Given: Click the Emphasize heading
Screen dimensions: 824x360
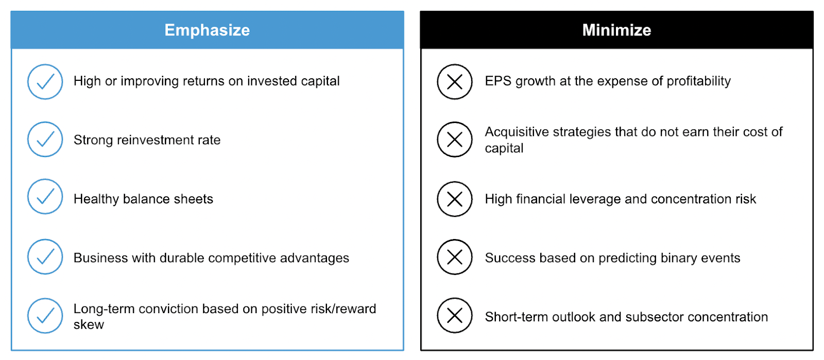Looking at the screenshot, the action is point(207,30).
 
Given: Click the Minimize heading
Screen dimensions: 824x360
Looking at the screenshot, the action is point(616,30).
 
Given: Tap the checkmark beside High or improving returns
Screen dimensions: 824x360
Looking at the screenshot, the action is point(45,82).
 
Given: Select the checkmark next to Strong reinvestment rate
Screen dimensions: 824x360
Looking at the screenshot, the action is point(45,140).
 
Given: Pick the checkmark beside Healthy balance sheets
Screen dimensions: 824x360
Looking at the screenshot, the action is point(45,196).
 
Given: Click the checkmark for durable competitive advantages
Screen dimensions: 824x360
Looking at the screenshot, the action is point(45,256).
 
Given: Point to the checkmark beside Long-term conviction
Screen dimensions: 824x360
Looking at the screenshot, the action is point(45,316).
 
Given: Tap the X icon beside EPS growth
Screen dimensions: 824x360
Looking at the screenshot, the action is point(455,82).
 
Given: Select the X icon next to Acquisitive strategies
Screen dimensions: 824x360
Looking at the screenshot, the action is point(455,140).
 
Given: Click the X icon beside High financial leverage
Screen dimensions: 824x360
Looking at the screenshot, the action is point(455,199).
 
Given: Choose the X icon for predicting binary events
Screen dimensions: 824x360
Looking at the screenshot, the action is point(455,256).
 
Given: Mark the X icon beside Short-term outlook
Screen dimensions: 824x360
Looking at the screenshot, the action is point(455,316).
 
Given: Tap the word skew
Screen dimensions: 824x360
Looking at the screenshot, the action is point(89,324).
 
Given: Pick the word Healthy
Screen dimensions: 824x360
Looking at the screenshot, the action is point(96,199).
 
